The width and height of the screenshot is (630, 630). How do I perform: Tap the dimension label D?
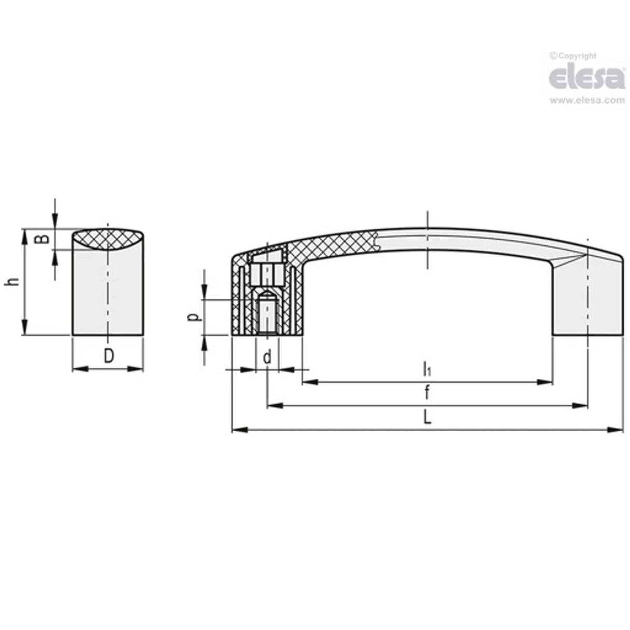(108, 356)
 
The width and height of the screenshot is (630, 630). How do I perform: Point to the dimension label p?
(193, 317)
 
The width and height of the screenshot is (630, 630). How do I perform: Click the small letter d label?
(267, 357)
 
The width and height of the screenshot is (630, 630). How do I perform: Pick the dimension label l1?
(427, 369)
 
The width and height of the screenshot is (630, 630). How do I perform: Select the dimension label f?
(427, 393)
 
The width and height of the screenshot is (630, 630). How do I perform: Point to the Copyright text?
(573, 56)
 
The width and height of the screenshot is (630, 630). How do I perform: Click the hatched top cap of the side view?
(107, 240)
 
